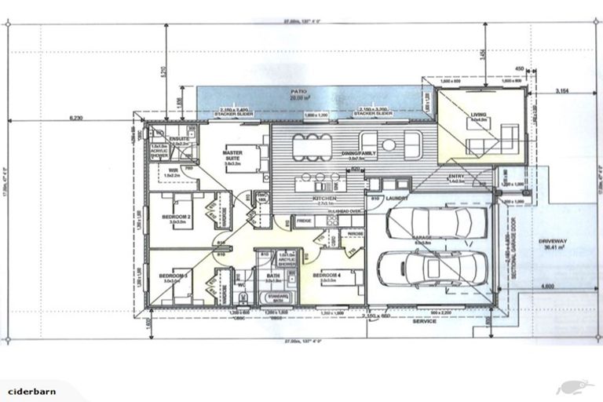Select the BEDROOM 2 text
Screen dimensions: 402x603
point(174,217)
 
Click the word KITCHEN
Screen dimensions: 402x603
point(324,199)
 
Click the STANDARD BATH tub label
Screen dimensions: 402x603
point(280,297)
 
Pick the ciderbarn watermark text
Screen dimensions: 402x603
point(30,390)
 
